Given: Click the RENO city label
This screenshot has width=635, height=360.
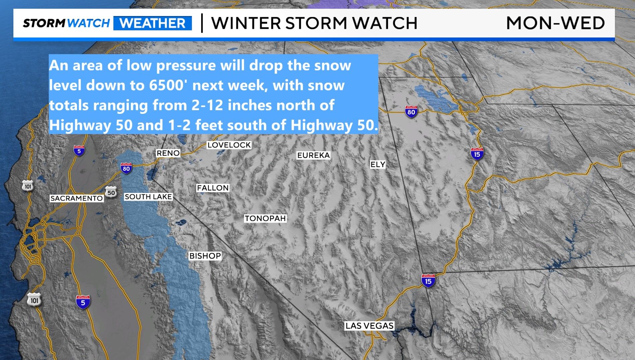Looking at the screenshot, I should (168, 153).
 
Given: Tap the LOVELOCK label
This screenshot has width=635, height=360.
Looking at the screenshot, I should (229, 145).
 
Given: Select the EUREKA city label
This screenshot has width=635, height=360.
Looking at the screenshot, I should (313, 155).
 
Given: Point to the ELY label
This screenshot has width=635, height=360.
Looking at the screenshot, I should (378, 164).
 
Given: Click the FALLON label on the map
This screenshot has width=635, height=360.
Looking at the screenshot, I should (213, 188).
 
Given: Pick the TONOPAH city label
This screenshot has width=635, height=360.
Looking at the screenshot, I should (265, 218).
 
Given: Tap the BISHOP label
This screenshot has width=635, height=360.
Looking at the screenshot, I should (205, 256).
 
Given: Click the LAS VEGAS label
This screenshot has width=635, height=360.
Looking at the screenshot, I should (369, 326).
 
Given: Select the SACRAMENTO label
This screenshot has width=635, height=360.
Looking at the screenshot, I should (76, 198).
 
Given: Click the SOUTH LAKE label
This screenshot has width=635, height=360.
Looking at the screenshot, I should (148, 197).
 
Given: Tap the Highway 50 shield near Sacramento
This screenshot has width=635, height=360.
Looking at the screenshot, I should (111, 192).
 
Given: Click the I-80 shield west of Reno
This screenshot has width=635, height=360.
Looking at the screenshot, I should (126, 168).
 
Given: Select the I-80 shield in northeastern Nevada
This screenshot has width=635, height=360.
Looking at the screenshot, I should (411, 112).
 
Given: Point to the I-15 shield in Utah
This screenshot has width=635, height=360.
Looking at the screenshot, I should (477, 154).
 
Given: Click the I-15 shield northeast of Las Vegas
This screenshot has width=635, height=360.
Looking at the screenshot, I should (428, 281).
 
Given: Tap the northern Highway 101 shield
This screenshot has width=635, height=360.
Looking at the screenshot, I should (28, 186).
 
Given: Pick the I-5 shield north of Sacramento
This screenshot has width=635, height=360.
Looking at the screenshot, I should (79, 151).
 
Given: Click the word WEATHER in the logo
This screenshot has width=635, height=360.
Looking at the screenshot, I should (152, 23).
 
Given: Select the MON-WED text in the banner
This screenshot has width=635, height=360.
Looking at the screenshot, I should (555, 23).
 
